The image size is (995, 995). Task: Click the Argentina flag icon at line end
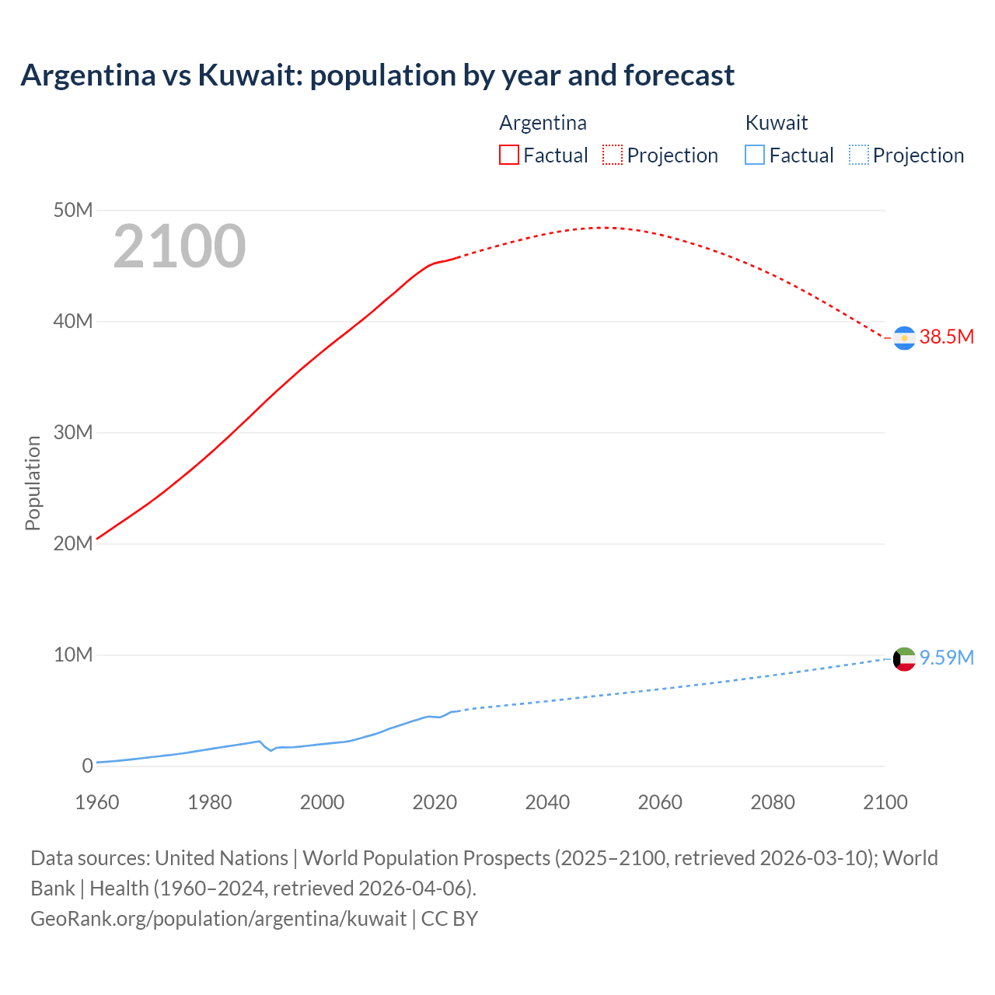click(x=904, y=338)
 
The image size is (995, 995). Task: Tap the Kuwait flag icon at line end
click(x=904, y=659)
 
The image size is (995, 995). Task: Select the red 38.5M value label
click(x=946, y=337)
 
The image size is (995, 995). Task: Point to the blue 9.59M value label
click(x=946, y=658)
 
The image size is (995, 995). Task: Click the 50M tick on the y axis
click(x=73, y=211)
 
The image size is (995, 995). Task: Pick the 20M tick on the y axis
click(x=73, y=544)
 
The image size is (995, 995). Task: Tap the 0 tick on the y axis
click(x=87, y=766)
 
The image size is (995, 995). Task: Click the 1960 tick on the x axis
click(x=97, y=802)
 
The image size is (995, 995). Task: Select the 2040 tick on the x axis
click(x=547, y=802)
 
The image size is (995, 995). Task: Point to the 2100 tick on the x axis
click(x=885, y=802)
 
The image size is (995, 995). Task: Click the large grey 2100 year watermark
click(x=180, y=246)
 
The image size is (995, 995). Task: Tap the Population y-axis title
click(x=33, y=483)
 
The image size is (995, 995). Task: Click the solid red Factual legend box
click(x=509, y=155)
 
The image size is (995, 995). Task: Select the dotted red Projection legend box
click(x=613, y=155)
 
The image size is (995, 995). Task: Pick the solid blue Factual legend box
click(x=755, y=155)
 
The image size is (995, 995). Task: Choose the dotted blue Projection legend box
click(x=859, y=155)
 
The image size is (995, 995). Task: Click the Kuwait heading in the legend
click(x=776, y=123)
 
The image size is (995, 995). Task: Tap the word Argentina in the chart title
click(x=88, y=75)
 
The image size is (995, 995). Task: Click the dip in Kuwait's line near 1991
click(x=271, y=750)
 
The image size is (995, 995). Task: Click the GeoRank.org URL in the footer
click(x=218, y=919)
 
